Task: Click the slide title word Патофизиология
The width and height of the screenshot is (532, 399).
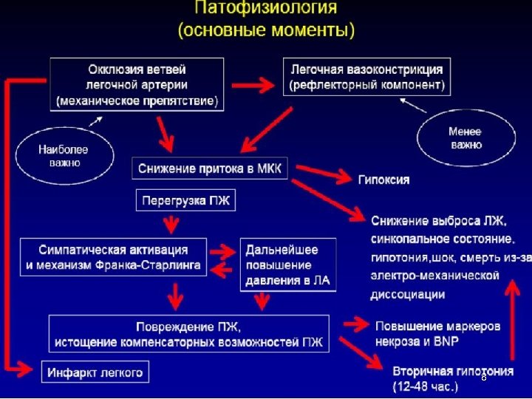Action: tap(265, 10)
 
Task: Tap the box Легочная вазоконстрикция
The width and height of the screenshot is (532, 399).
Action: tap(366, 77)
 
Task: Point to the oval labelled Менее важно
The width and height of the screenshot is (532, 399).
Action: tap(465, 138)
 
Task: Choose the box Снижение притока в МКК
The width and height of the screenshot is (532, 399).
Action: tap(211, 168)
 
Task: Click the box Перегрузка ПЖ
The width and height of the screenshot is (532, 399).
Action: tap(185, 199)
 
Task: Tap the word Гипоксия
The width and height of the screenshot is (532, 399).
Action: tap(384, 180)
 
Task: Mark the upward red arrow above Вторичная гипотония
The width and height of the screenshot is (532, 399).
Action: tap(510, 318)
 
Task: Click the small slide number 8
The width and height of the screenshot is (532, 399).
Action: tap(482, 377)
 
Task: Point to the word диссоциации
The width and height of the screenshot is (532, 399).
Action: tap(407, 294)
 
